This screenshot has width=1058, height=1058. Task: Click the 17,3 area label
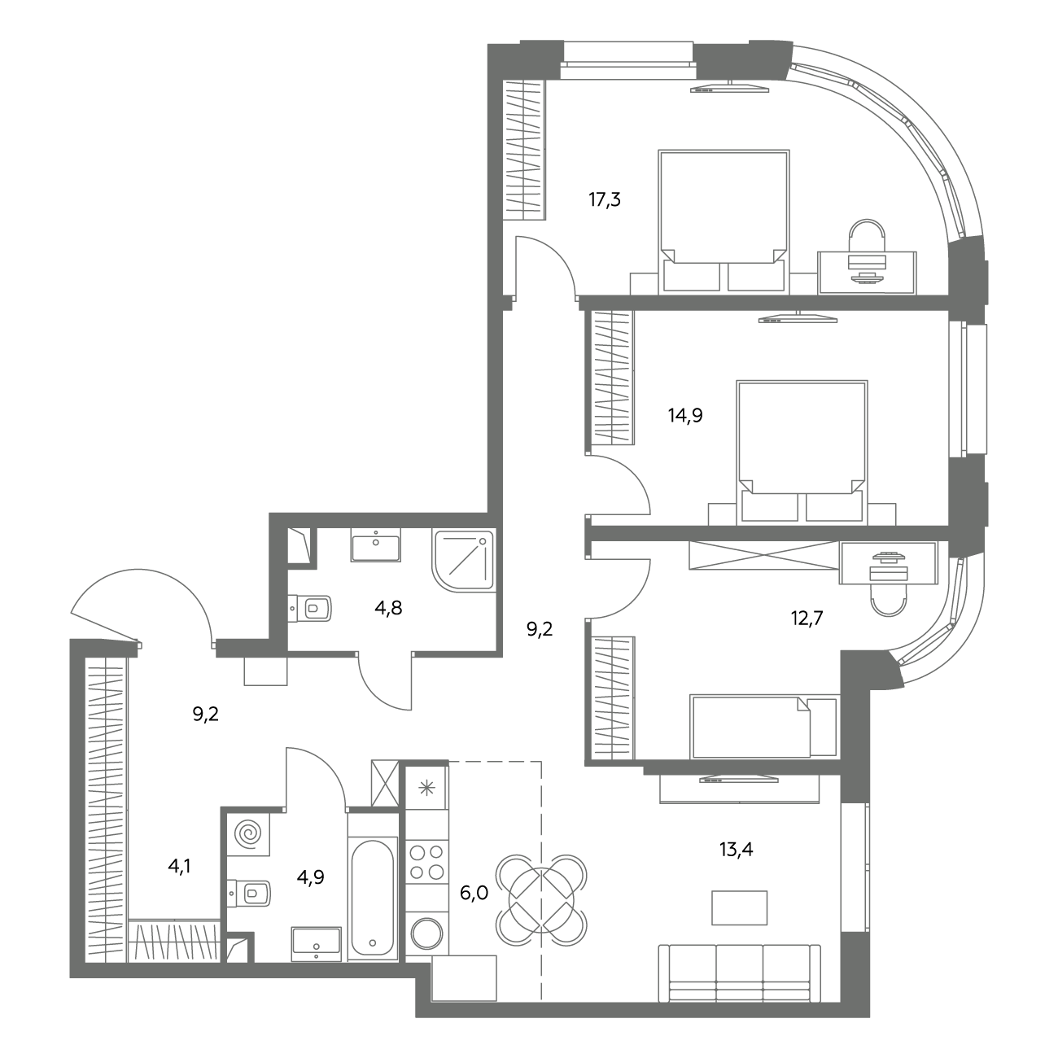coord(605,200)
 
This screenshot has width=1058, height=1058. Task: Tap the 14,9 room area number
coord(685,416)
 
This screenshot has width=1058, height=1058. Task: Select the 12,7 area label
coord(807,619)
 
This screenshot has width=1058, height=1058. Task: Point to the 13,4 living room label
coord(736,850)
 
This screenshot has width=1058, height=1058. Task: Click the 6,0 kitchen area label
coord(474,894)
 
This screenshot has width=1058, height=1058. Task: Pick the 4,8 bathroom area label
coord(388,608)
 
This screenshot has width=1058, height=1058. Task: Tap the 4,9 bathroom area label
coord(311,877)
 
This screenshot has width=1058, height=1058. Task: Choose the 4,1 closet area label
coord(180,867)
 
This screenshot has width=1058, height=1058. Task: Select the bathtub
coord(373,897)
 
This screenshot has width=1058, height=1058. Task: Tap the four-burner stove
coord(427,861)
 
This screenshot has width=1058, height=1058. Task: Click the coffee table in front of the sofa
coord(739,908)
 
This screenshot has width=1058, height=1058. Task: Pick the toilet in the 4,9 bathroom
coord(249,893)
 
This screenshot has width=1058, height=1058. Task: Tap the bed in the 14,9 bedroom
coord(802,451)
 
